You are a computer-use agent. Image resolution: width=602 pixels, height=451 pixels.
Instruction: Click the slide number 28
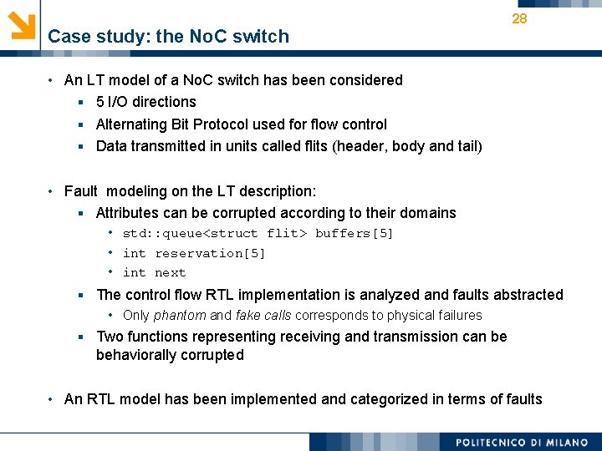pyautogui.click(x=519, y=18)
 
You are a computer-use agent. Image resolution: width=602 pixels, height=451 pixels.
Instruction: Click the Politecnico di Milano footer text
pyautogui.click(x=521, y=442)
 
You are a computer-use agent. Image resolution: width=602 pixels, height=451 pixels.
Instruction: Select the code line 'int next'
pyautogui.click(x=154, y=273)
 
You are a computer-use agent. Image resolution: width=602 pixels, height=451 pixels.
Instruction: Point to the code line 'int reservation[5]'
pyautogui.click(x=193, y=253)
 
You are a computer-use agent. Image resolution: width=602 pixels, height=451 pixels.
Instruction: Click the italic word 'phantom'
pyautogui.click(x=180, y=316)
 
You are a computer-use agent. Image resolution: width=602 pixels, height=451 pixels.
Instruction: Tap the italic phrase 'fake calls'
pyautogui.click(x=265, y=316)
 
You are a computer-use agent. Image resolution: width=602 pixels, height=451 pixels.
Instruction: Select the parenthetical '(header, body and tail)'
pyautogui.click(x=407, y=146)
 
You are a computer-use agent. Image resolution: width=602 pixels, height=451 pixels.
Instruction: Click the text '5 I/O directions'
pyautogui.click(x=146, y=102)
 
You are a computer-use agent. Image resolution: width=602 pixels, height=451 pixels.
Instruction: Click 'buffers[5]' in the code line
pyautogui.click(x=354, y=233)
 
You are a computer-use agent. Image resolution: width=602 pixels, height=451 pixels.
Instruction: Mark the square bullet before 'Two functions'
pyautogui.click(x=82, y=337)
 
